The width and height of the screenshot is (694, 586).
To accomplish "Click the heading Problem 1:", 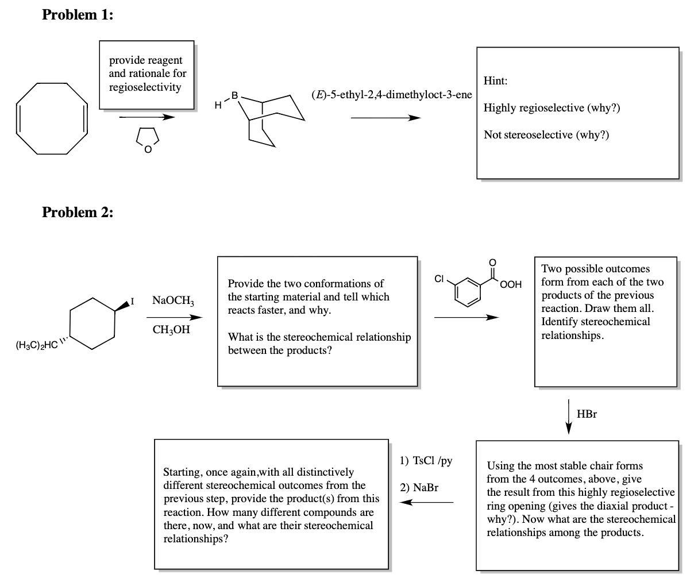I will (x=78, y=16).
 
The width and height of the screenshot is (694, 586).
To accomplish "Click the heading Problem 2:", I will (x=78, y=213).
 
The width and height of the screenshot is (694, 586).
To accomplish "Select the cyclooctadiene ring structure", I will (x=52, y=118).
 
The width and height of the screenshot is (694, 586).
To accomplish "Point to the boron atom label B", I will (x=234, y=95).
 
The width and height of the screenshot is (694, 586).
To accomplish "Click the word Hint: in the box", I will (x=495, y=81).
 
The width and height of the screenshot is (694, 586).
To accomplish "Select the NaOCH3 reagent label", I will (x=173, y=300).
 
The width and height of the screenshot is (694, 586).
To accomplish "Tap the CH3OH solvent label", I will (x=171, y=330).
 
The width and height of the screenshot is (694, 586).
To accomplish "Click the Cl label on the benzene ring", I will (x=439, y=279).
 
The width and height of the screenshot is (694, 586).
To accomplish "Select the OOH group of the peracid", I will (x=511, y=284).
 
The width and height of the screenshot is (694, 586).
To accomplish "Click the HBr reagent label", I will (x=586, y=414).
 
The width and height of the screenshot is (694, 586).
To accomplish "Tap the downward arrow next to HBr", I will (x=569, y=417).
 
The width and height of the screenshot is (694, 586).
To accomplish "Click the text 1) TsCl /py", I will (x=426, y=461).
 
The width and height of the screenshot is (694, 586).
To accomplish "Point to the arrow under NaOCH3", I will (x=174, y=317).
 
